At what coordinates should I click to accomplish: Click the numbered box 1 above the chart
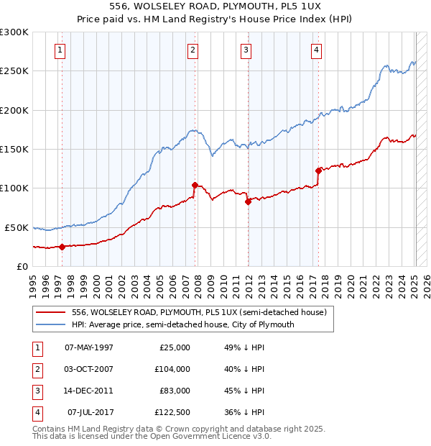click(60, 50)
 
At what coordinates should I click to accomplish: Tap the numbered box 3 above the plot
click(246, 50)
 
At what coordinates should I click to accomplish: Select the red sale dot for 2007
click(195, 185)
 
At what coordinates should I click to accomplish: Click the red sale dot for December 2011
click(248, 201)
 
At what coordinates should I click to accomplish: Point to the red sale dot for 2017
click(318, 170)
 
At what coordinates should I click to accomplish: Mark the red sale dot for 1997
click(62, 247)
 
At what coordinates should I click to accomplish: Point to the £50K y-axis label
click(17, 227)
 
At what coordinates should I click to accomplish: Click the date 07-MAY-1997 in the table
click(89, 347)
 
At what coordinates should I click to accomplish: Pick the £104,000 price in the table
click(173, 369)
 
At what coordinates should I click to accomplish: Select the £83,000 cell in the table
click(175, 391)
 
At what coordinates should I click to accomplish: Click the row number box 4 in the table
click(36, 412)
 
